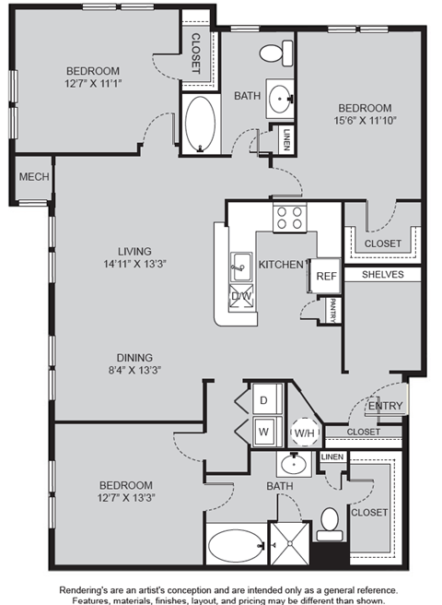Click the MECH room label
point(34,177)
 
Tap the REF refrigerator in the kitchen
point(326,276)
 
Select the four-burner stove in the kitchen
point(290,218)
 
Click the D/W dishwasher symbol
point(241,296)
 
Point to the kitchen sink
point(241,267)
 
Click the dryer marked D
point(267,399)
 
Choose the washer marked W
point(267,432)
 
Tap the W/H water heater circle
point(305,433)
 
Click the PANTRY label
point(332,310)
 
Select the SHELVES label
point(383,274)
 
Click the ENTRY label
point(385,406)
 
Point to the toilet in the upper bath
point(276,53)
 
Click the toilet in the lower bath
point(330,524)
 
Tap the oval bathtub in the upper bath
point(200,123)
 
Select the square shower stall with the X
point(290,543)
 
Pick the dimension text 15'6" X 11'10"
point(365,121)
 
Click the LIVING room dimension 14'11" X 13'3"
point(134,264)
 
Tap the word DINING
point(134,358)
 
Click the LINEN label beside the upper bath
point(286,139)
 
